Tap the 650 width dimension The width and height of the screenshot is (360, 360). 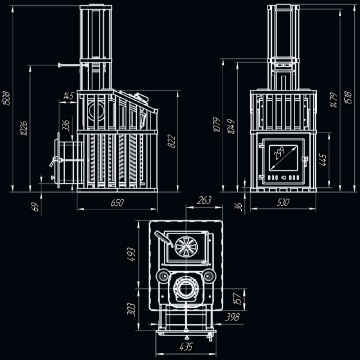click(117, 203)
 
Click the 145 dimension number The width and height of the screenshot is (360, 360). click(68, 96)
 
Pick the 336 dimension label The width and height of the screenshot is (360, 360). click(66, 125)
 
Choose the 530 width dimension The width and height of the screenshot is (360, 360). click(282, 203)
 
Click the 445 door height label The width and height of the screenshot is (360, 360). click(322, 159)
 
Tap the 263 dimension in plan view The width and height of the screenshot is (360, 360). click(204, 201)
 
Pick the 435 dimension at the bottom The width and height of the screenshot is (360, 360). click(185, 347)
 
